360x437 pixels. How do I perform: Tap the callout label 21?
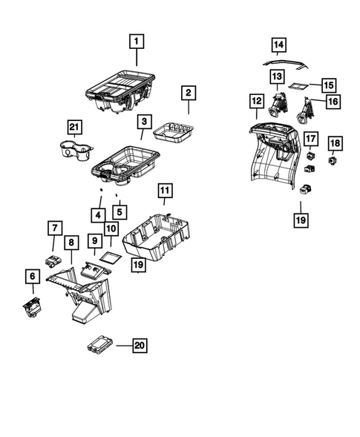(x=74, y=128)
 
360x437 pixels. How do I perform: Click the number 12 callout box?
(x=256, y=101)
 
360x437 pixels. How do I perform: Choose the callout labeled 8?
(x=71, y=243)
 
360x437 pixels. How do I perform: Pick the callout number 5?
(x=118, y=212)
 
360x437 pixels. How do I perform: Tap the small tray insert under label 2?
(x=171, y=134)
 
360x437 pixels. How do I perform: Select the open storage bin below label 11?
(x=158, y=235)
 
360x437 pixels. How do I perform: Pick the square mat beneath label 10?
(x=111, y=258)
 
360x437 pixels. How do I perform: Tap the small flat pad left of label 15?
(x=298, y=86)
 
